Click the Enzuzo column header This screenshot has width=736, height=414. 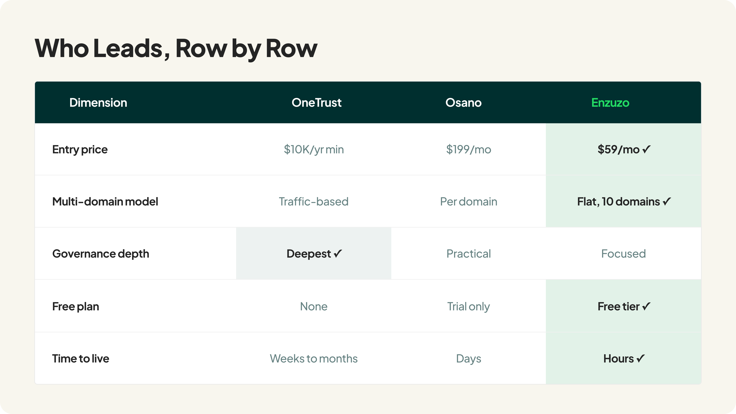coord(610,103)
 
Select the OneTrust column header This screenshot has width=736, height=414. coord(316,103)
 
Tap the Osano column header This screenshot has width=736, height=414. coord(463,103)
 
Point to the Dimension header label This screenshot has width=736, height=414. coord(98,103)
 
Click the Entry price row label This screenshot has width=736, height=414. coord(80,150)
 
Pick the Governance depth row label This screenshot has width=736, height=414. coord(101,254)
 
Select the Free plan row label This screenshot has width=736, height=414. coord(75,307)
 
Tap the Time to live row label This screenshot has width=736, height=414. coord(81,359)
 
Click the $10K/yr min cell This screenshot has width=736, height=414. coord(314,150)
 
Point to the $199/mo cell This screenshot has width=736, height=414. coord(469,149)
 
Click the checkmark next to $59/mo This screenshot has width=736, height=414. coord(646,149)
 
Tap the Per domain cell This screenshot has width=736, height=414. coord(469,202)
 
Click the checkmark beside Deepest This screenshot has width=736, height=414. coord(338,254)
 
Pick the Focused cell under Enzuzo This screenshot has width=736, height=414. coord(623,254)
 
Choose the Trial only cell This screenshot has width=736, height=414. coord(469,307)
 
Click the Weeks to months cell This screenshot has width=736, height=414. coord(314,359)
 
